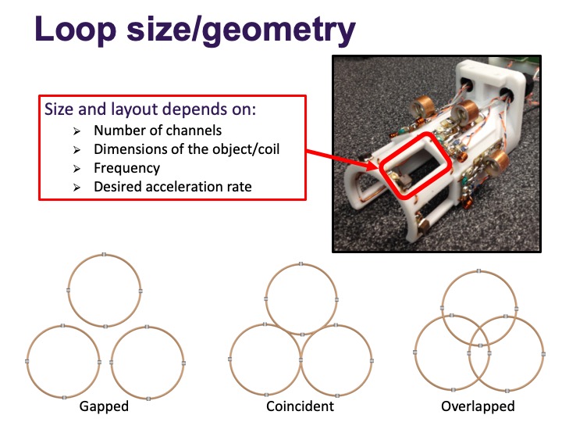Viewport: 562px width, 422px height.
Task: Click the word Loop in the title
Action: point(75,30)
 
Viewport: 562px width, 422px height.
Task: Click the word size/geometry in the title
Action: point(241,31)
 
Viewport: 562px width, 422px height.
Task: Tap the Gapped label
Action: point(104,406)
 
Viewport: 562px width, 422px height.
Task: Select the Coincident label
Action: point(300,406)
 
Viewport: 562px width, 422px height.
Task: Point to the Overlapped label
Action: point(478,406)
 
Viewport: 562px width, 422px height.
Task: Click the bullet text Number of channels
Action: point(158,131)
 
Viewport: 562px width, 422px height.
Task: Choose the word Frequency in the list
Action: point(127,168)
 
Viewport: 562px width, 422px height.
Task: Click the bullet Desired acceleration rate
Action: point(173,187)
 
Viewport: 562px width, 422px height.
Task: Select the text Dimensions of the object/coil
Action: point(187,149)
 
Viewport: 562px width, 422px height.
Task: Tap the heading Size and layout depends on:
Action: point(150,109)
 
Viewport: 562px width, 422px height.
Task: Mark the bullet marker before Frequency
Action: point(76,169)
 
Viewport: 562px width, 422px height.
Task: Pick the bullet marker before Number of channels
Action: point(76,131)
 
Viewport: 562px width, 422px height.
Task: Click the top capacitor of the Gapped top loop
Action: point(104,255)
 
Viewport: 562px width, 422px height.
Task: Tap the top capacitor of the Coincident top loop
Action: point(301,264)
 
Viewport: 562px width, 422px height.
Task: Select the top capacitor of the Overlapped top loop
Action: point(478,270)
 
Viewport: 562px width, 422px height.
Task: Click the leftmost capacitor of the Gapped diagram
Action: point(27,361)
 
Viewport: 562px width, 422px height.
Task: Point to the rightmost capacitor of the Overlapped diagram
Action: point(543,354)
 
